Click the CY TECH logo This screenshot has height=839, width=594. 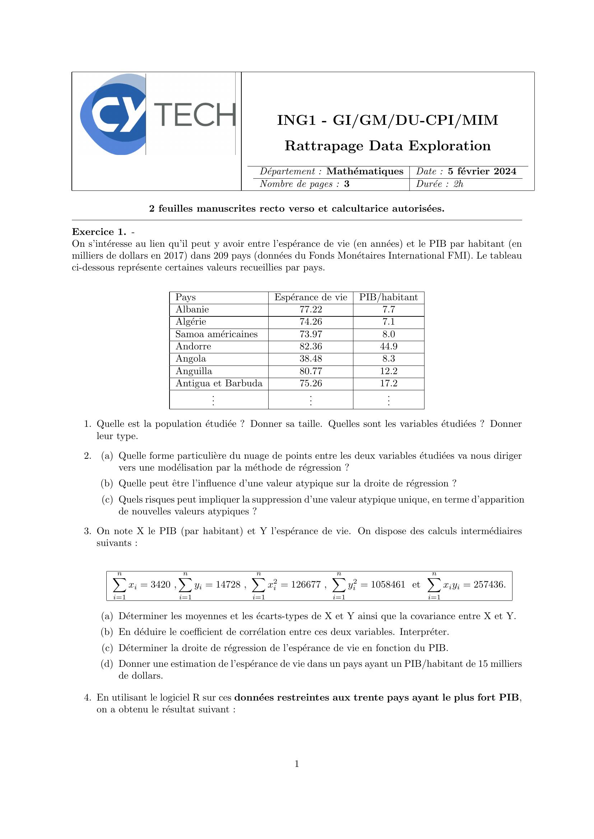pos(157,114)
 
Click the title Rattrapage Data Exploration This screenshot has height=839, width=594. pos(388,146)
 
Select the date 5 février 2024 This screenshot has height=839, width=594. pos(482,171)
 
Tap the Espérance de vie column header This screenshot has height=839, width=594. pos(311,297)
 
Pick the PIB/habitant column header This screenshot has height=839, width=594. pos(388,297)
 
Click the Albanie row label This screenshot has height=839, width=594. pos(192,310)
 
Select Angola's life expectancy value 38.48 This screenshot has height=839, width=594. pos(311,359)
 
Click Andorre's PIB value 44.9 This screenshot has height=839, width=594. pos(389,347)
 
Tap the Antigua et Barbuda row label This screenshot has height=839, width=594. pos(219,383)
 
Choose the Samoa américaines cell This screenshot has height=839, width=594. pos(216,334)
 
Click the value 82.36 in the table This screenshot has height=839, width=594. pos(311,347)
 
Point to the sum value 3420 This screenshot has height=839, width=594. pos(161,585)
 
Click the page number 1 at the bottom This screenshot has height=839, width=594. pos(297,764)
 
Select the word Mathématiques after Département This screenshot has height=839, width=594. pos(365,171)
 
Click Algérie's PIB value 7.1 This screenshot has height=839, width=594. pos(389,322)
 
